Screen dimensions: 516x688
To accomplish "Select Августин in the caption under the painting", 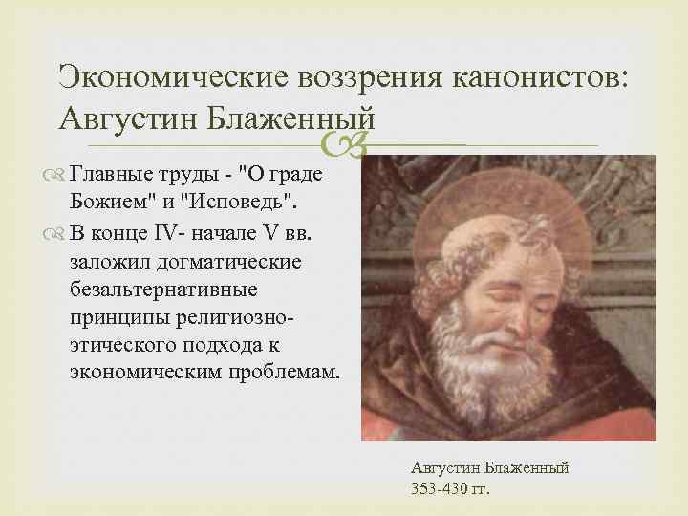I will (445, 468).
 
